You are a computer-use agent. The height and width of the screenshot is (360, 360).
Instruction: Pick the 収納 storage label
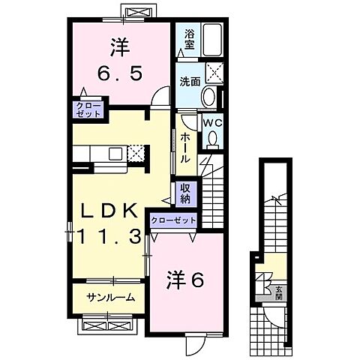tap(184, 193)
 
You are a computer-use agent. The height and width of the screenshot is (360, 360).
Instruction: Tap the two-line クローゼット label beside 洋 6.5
tap(88, 111)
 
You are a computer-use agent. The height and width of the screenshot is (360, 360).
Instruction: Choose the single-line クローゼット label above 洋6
tap(174, 220)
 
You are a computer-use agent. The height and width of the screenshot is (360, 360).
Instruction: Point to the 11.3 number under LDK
tap(105, 237)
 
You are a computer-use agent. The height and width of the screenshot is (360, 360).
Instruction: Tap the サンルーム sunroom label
tap(109, 297)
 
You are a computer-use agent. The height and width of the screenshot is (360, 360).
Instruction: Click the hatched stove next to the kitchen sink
tap(136, 153)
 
